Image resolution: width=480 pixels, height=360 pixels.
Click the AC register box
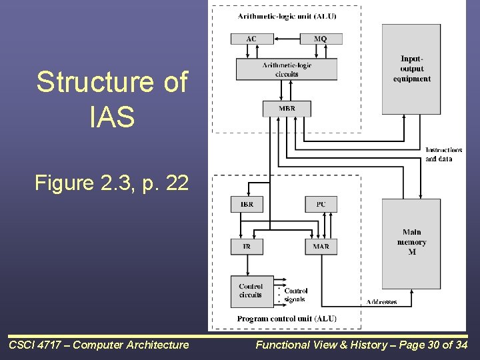pos(251,39)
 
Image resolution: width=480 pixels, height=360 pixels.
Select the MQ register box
pos(321,39)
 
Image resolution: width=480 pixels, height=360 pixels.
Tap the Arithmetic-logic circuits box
pos(287,69)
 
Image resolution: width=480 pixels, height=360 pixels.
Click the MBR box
pos(287,108)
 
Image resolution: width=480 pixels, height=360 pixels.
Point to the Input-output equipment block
pos(411,69)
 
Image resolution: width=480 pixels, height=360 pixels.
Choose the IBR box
pos(247,204)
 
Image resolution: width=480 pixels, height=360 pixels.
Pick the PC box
pos(321,204)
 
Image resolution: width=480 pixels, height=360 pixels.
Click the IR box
pos(247,247)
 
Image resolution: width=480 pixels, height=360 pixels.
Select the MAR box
pos(321,247)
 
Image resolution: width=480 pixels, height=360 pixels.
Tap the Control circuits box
pos(251,291)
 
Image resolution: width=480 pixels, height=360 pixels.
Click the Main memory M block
pos(411,243)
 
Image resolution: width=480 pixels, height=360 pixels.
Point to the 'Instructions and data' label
pos(443,154)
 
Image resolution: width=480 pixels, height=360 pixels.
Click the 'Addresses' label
pos(381,302)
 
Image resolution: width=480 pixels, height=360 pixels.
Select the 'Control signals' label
pos(295,295)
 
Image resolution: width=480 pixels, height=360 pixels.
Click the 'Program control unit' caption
pos(286,319)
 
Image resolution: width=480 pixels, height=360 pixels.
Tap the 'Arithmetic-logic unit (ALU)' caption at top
pos(287,16)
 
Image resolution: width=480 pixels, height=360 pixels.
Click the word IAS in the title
pos(112,117)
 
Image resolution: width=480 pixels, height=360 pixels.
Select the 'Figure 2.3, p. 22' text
pos(112,182)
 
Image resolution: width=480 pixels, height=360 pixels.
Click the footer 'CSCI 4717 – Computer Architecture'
pos(99,345)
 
